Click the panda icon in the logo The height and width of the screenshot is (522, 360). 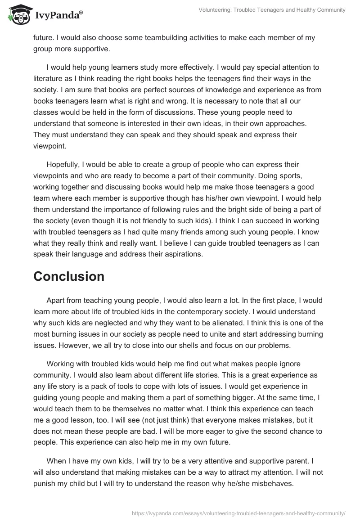[17, 15]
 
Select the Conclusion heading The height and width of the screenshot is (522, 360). [69, 276]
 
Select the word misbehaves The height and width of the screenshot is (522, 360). [271, 484]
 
